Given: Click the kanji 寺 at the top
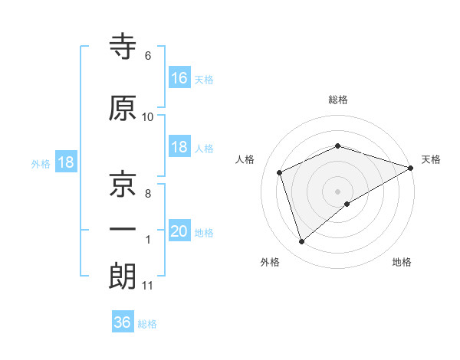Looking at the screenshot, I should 123,47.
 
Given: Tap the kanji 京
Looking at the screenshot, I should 123,185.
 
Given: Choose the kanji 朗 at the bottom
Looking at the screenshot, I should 123,277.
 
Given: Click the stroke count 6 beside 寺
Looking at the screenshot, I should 147,56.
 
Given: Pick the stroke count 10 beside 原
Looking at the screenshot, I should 148,117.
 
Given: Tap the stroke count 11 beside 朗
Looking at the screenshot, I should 147,286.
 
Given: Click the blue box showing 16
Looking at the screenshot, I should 179,77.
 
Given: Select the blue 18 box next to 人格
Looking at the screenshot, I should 179,148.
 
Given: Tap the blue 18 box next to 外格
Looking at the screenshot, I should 65,163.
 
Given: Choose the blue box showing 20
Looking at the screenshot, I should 179,231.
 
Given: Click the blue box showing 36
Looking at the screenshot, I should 122,322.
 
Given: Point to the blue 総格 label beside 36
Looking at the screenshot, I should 147,324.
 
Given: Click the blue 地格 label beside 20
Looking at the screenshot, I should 204,233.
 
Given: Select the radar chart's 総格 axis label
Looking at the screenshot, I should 337,100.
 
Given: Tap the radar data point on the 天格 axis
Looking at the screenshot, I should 411,167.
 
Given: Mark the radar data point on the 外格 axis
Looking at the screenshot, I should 301,242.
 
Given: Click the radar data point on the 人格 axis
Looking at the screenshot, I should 281,172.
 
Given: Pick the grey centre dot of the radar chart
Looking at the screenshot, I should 337,191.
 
